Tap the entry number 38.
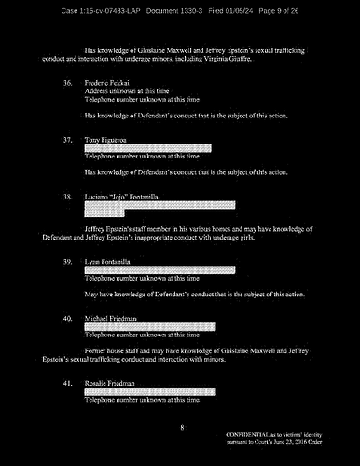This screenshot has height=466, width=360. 67,198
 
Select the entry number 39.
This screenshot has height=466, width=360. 67,262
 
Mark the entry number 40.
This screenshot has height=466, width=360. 67,319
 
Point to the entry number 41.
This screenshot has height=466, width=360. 67,383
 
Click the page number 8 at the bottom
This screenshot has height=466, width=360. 183,426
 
